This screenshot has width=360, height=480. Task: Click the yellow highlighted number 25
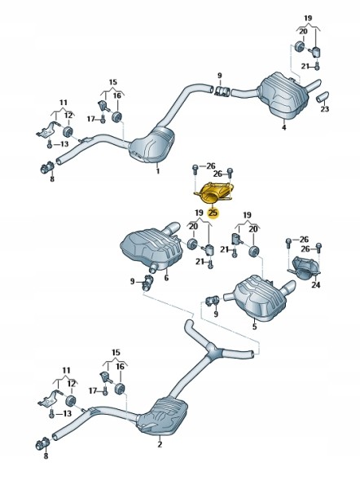pyautogui.click(x=213, y=212)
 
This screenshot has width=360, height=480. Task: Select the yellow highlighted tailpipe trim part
pyautogui.click(x=213, y=193)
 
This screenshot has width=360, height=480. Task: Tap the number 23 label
pyautogui.click(x=325, y=108)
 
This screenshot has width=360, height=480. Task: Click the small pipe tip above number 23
pyautogui.click(x=322, y=97)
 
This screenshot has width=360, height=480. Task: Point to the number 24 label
pyautogui.click(x=316, y=284)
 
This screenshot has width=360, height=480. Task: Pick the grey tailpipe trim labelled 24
pyautogui.click(x=304, y=268)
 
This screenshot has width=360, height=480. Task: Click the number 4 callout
pyautogui.click(x=283, y=127)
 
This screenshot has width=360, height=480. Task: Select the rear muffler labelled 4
pyautogui.click(x=283, y=95)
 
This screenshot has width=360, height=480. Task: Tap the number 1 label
pyautogui.click(x=158, y=171)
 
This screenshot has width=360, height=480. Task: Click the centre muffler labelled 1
pyautogui.click(x=151, y=145)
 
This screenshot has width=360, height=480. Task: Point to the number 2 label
pyautogui.click(x=160, y=444)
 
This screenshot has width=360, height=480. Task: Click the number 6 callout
pyautogui.click(x=166, y=278)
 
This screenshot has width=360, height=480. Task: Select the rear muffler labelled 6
pyautogui.click(x=151, y=246)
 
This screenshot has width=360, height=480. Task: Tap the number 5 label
pyautogui.click(x=254, y=327)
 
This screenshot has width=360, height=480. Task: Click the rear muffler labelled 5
pyautogui.click(x=260, y=296)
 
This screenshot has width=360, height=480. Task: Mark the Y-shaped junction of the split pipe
pyautogui.click(x=212, y=349)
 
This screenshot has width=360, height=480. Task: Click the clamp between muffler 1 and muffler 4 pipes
pyautogui.click(x=223, y=91)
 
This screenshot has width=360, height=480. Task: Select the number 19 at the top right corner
pyautogui.click(x=308, y=18)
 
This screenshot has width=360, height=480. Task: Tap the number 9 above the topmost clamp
pyautogui.click(x=219, y=75)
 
